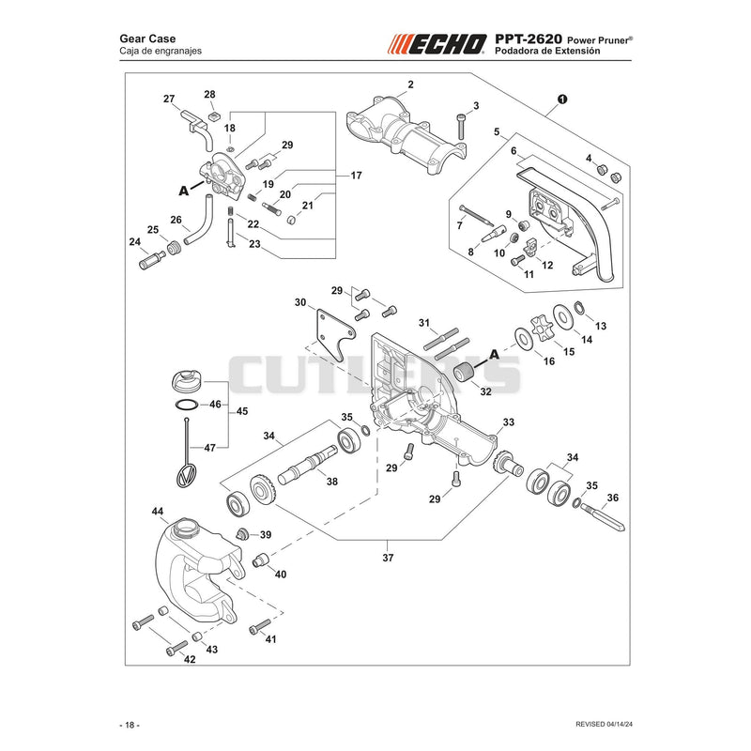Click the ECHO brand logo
point(437,43)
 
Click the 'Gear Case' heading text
point(147,38)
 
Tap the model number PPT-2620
point(529,38)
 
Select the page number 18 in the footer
point(130,725)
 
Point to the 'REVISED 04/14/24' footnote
point(604,724)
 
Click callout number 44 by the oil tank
point(158,512)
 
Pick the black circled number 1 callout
point(562,100)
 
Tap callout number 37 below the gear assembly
point(388,558)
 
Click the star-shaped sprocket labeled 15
point(542,326)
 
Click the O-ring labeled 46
point(187,405)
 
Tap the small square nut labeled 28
point(214,116)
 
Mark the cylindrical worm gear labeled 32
point(464,373)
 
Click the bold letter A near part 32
point(494,355)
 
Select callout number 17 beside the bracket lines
point(356,176)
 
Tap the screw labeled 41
point(260,626)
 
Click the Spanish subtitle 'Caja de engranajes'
point(161,51)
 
